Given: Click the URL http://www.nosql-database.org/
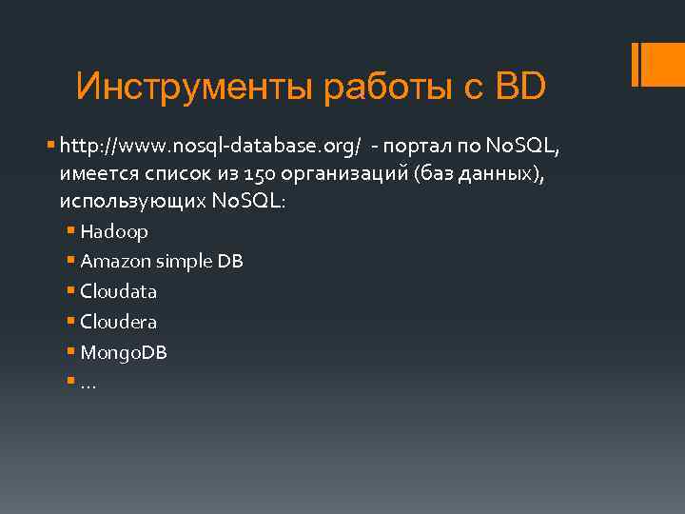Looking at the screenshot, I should click(x=210, y=148).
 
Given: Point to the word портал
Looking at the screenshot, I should click(x=427, y=148).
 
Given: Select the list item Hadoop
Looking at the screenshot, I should click(x=114, y=231).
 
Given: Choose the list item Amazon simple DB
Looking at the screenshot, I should click(x=162, y=261).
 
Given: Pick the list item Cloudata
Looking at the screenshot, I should click(x=119, y=291).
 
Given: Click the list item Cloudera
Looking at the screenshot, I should click(x=119, y=322).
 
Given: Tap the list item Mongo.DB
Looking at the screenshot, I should click(x=124, y=352).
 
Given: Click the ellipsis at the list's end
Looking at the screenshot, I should click(x=88, y=384).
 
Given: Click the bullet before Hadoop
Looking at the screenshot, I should click(x=72, y=231).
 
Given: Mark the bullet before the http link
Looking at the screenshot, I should click(x=51, y=148).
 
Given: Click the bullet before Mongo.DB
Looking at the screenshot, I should click(x=72, y=352).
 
